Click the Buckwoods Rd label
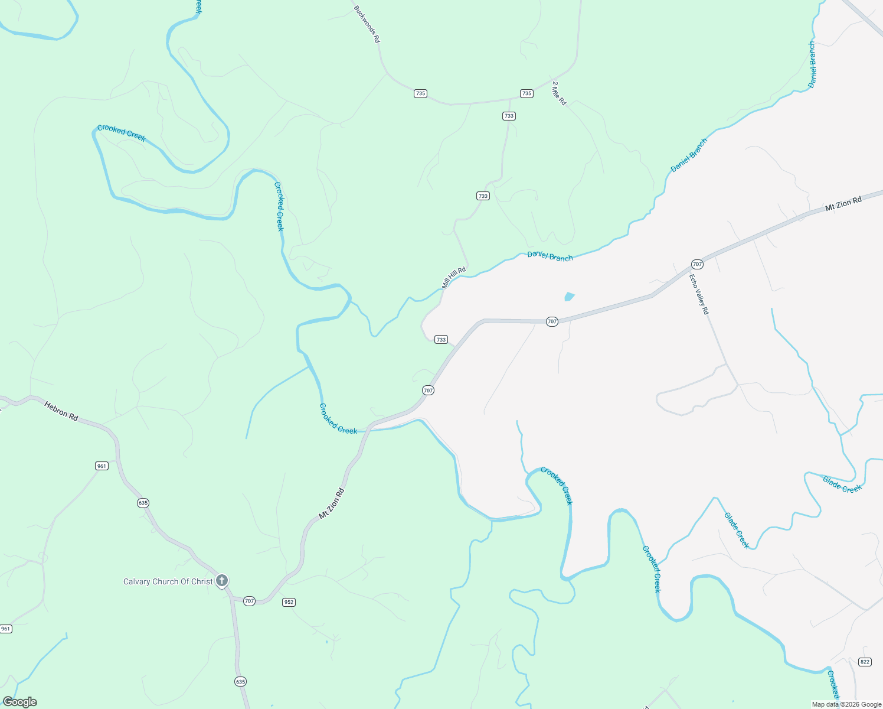367,24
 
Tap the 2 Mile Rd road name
559,93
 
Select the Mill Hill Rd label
454,278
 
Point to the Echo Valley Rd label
699,294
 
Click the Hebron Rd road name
61,411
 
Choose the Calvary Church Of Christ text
168,581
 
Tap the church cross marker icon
222,581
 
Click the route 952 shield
289,602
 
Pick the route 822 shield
865,662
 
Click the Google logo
20,702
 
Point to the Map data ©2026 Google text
846,704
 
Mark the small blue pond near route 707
569,297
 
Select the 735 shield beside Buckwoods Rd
420,93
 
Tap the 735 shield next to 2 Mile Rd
526,93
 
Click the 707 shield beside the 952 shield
249,601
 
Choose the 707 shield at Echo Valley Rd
697,264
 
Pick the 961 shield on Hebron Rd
102,466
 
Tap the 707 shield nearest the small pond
552,321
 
